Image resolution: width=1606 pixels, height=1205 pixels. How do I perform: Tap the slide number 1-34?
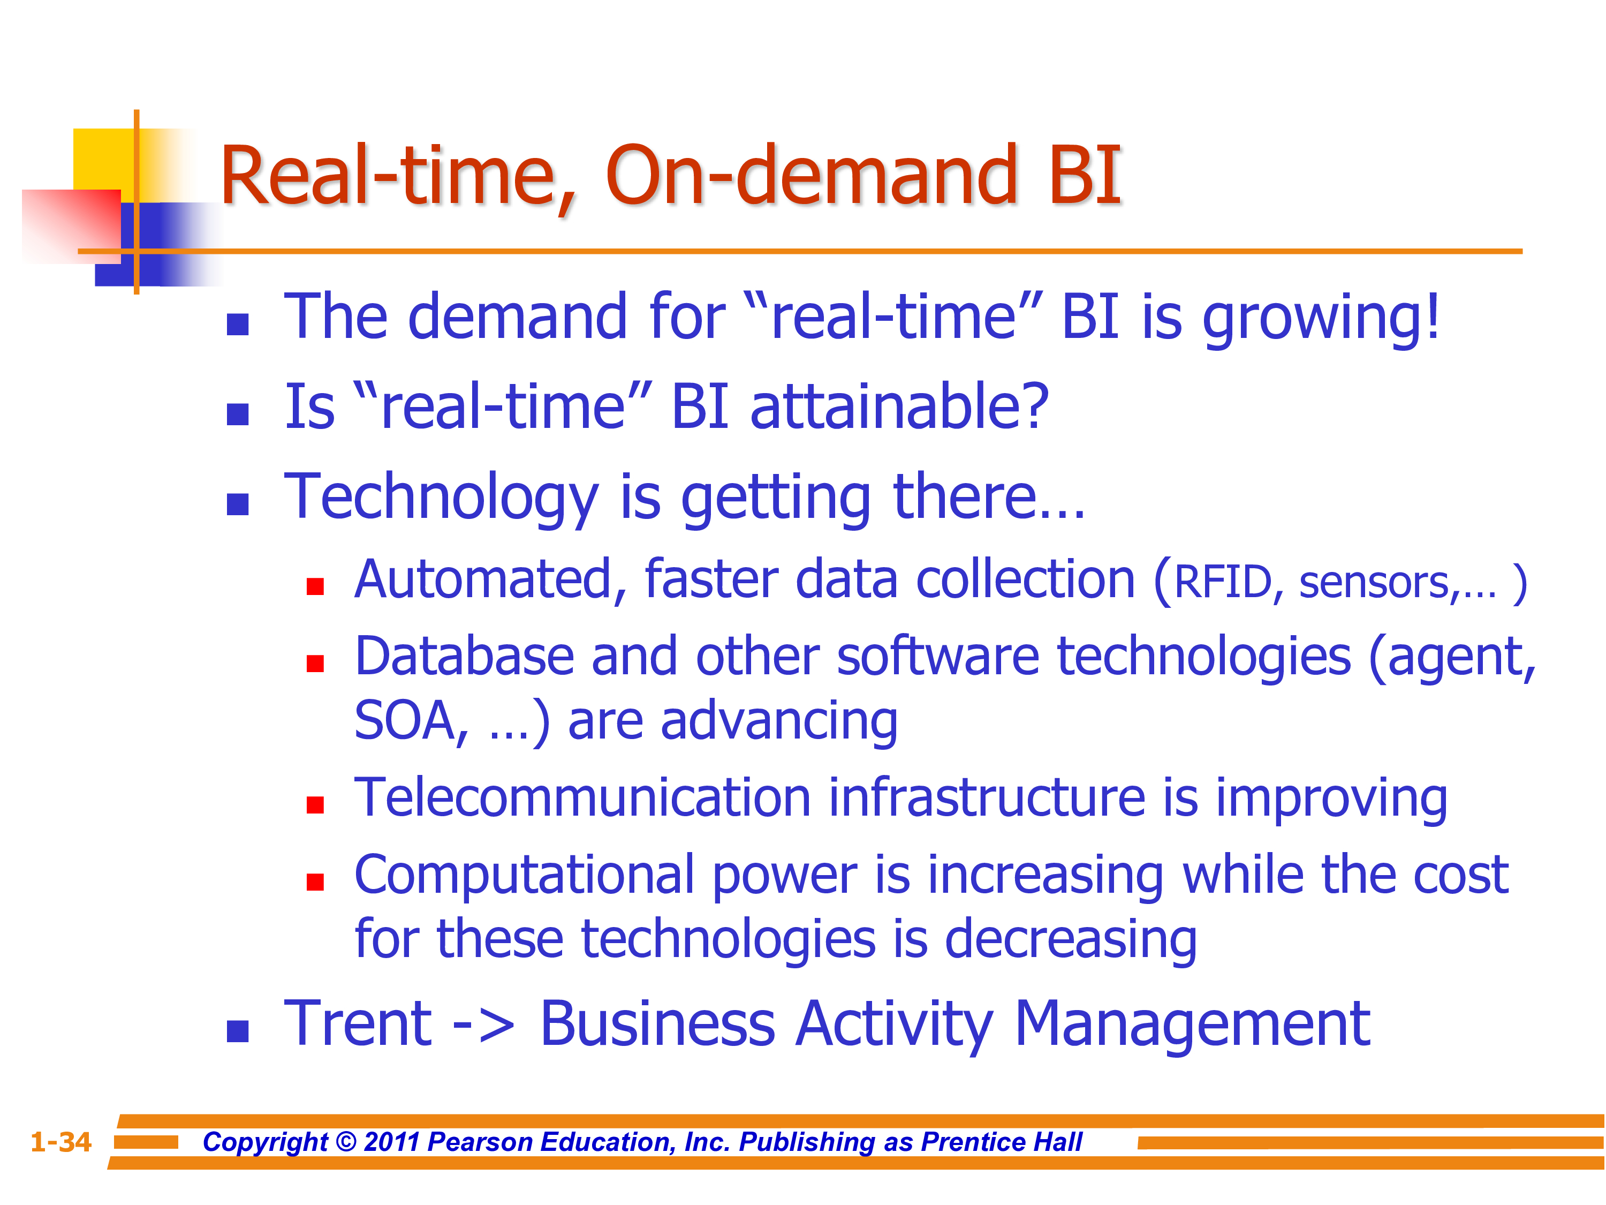pyautogui.click(x=61, y=1142)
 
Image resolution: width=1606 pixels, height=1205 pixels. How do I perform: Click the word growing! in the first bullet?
pyautogui.click(x=1321, y=320)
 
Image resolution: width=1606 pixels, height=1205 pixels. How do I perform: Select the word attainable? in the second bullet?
pyautogui.click(x=899, y=408)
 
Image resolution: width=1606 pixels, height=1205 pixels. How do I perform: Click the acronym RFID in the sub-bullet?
pyautogui.click(x=1223, y=583)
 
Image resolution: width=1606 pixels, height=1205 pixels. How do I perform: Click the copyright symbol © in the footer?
pyautogui.click(x=346, y=1142)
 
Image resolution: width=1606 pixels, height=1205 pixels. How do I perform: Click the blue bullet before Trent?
pyautogui.click(x=238, y=1031)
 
